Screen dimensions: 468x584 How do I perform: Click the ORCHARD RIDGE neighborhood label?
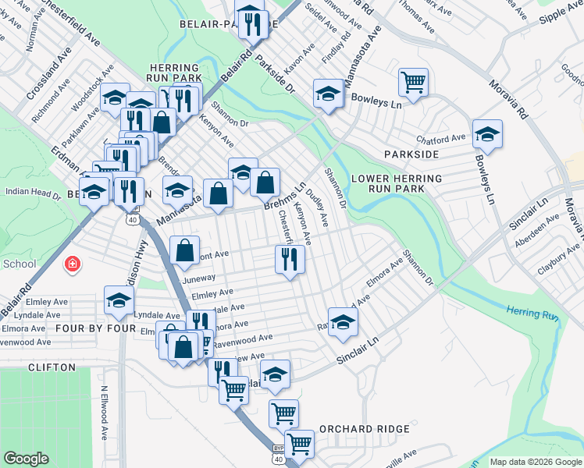364,429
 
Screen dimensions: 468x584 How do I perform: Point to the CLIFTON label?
52,367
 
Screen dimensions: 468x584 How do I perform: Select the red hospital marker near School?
73,264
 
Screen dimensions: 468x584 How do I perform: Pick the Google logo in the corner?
26,459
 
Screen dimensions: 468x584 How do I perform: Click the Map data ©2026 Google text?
535,462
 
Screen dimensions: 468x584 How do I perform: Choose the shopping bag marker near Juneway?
185,250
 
